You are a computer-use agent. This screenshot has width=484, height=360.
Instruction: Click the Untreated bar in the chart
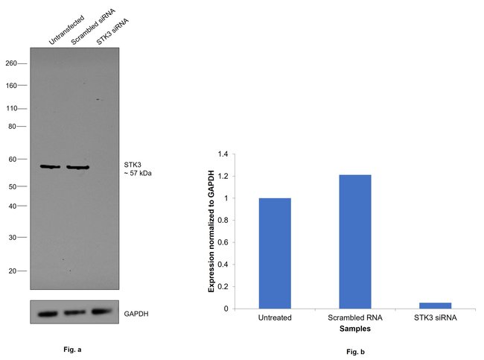pos(275,253)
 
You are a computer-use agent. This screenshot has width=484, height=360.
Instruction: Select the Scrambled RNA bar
pos(354,241)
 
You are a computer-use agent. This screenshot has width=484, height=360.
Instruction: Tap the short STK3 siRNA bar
pos(435,305)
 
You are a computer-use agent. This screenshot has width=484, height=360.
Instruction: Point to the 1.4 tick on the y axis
pos(223,154)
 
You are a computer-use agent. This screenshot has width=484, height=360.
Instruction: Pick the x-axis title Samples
pos(354,328)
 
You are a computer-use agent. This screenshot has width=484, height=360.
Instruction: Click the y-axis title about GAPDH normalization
pos(211,231)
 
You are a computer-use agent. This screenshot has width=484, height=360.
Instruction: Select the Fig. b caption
pos(354,351)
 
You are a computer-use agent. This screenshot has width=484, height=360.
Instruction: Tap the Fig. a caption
pos(74,348)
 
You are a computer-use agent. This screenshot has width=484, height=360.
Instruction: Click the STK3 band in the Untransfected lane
pos(50,167)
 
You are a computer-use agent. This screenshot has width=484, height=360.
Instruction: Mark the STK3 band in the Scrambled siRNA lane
pos(77,168)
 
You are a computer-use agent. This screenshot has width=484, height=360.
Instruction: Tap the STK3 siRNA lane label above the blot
pos(112,31)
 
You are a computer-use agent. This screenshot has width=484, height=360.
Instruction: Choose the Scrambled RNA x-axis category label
pos(354,318)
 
